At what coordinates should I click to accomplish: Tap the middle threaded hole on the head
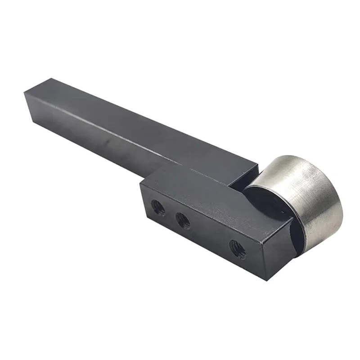click(183, 220)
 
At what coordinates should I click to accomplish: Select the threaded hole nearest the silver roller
click(237, 248)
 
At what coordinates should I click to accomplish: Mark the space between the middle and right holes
click(209, 234)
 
